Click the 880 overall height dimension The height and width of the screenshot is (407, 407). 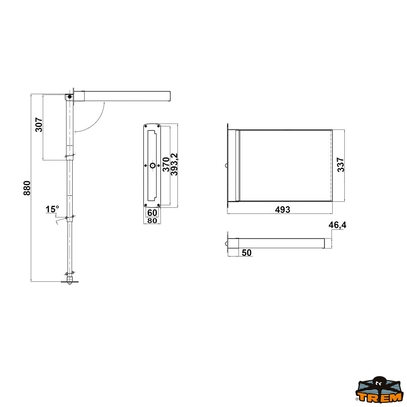27,188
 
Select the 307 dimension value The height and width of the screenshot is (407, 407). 39,125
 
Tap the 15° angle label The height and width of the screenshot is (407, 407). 52,209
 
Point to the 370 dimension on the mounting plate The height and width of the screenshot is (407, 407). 166,164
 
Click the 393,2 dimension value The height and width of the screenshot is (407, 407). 174,164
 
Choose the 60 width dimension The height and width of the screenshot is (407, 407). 152,213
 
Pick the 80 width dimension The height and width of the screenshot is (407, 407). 152,221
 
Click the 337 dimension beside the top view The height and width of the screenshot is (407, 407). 341,165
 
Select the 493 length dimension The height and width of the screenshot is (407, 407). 283,210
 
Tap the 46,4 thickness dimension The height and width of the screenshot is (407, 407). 337,225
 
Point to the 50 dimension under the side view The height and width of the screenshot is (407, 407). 247,253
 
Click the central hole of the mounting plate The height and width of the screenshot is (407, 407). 152,166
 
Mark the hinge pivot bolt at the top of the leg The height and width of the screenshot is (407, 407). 70,97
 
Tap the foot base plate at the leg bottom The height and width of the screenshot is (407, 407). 70,282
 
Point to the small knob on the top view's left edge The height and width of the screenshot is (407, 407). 226,166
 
